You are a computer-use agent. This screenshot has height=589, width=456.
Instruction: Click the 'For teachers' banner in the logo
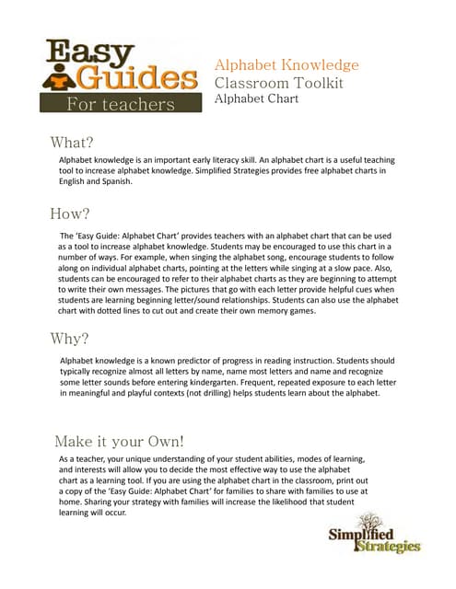[120, 103]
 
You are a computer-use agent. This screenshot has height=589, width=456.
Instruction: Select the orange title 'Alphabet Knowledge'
[286, 65]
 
